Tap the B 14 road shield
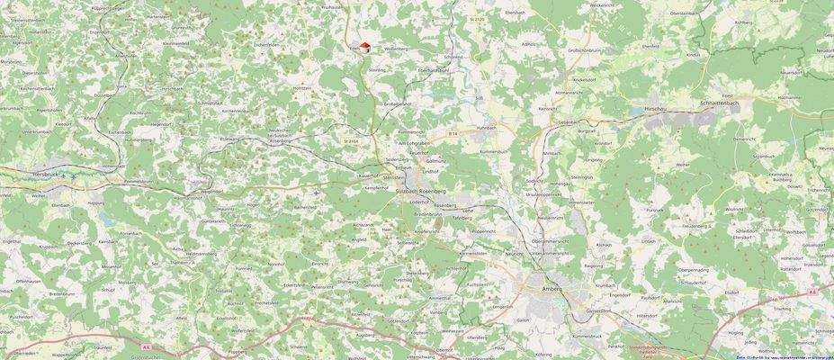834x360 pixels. coord(453,134)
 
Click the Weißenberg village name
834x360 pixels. coord(397,49)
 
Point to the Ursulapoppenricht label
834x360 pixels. coord(544,193)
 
